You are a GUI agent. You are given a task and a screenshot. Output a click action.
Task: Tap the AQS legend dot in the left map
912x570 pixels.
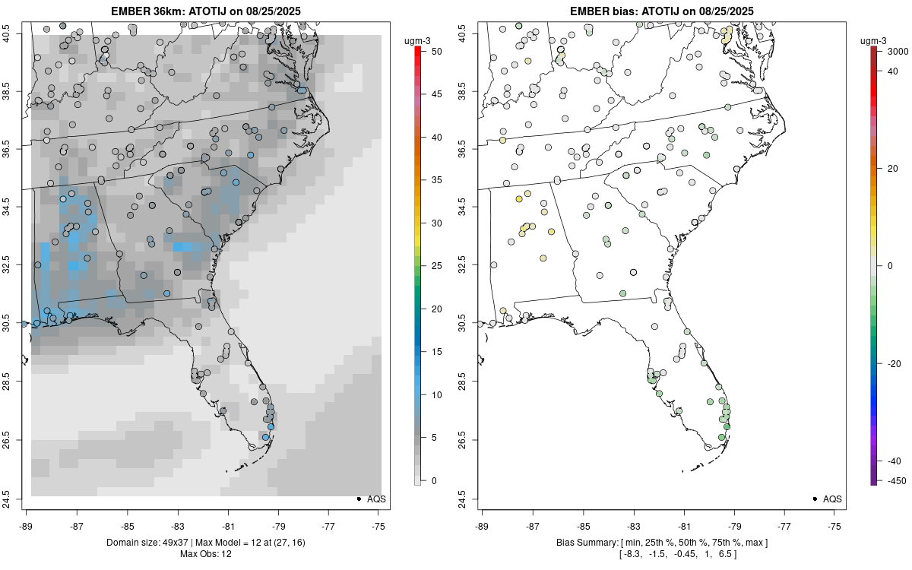358,499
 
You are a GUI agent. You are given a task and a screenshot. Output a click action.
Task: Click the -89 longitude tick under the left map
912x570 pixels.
26,525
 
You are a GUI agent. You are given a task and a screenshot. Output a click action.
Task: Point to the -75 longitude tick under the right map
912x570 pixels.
835,525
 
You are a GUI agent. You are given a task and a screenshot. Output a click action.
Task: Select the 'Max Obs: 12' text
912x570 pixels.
205,553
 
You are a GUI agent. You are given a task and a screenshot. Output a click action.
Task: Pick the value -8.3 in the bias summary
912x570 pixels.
631,554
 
